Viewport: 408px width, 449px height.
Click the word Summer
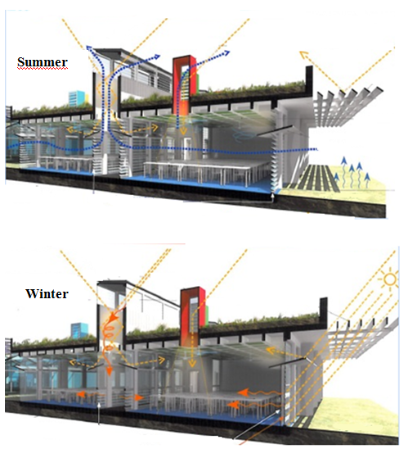[x=43, y=61]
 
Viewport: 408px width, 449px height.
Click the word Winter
[x=47, y=294]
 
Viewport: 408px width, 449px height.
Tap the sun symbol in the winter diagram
[x=390, y=279]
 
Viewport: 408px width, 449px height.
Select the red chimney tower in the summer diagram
[x=184, y=85]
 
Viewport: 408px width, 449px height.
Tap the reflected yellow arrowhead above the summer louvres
[x=304, y=54]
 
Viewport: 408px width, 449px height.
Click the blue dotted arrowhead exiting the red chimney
[x=226, y=52]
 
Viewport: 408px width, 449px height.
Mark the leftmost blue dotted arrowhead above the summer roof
[x=89, y=48]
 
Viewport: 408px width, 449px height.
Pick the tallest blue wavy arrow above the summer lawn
[x=344, y=170]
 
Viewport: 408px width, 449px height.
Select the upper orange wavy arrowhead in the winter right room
[x=243, y=392]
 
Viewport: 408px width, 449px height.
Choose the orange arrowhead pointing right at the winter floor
[x=140, y=397]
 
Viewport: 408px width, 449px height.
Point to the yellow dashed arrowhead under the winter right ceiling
[x=271, y=351]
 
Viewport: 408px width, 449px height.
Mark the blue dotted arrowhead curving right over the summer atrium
[x=156, y=57]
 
